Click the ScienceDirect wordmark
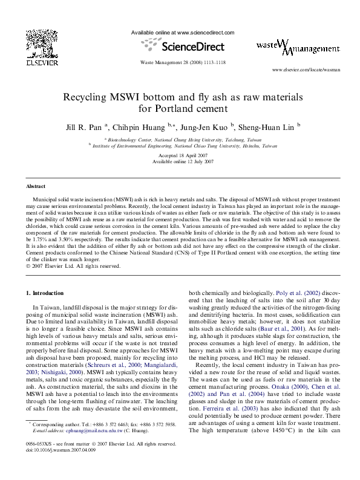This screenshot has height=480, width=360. coord(191,47)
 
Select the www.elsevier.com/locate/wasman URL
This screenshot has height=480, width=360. coord(306,70)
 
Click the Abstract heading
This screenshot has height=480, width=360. coord(36,186)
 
